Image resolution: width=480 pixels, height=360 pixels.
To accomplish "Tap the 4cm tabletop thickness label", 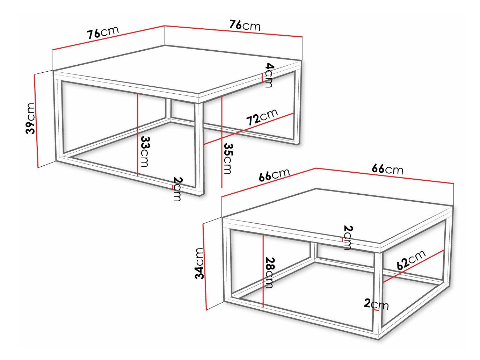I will coord(269,75).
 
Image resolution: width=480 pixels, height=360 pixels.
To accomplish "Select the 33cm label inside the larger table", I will coord(145,151).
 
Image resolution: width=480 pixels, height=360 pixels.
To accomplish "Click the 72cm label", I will coord(262,117).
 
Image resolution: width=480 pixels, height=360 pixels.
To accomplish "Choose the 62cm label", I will coord(411,259).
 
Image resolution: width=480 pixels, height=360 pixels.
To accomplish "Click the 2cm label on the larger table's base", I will coord(177,189).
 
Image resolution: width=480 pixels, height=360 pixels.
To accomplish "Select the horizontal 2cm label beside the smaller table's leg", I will coord(376,304).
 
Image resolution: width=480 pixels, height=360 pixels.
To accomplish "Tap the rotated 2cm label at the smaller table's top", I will coord(348,238).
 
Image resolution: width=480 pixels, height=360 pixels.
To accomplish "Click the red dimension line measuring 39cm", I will coord(36,121).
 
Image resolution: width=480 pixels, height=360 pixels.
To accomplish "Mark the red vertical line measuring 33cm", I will coord(138,135).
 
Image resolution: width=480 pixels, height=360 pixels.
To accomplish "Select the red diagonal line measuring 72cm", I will coord(249,129).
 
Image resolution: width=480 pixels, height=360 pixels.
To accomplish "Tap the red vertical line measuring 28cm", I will coord(263,271).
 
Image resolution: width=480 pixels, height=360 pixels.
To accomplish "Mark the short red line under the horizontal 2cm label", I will coord(376,310).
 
